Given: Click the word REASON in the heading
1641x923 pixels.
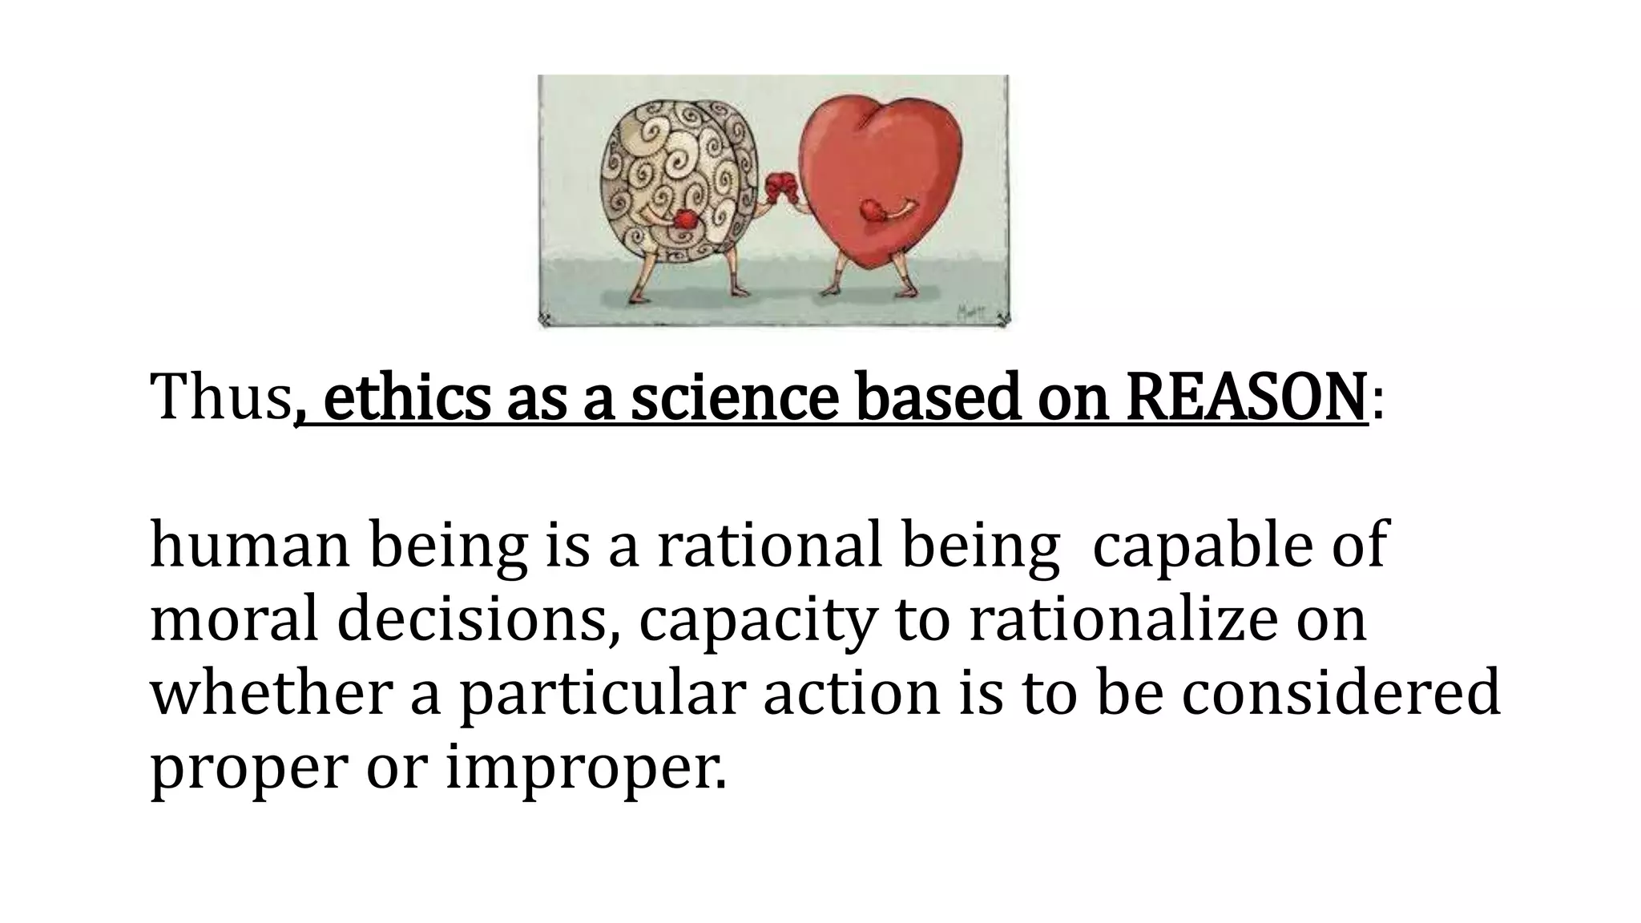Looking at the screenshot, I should point(1246,397).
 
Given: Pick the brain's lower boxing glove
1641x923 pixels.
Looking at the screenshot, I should point(685,220).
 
